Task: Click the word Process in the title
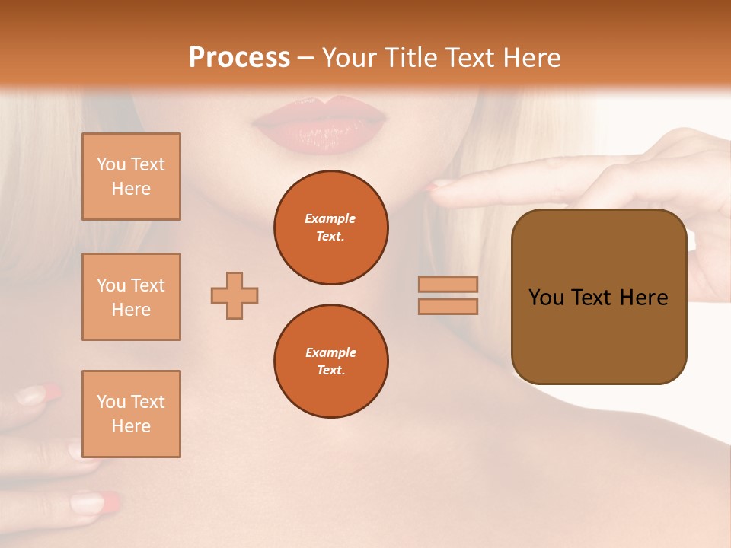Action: (x=239, y=58)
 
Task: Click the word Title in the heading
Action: (x=409, y=58)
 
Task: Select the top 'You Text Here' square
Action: (x=131, y=177)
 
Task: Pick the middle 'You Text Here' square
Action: (x=131, y=297)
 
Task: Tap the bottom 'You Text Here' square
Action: (x=131, y=414)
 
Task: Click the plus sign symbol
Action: (x=235, y=295)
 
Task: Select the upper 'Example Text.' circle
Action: (x=331, y=228)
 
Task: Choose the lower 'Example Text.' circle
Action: (x=331, y=362)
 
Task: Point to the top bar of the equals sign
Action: (x=448, y=285)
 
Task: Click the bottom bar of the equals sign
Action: (x=448, y=307)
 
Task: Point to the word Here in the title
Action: (x=534, y=58)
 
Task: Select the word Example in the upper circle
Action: (x=330, y=219)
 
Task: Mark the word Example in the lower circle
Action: (x=330, y=353)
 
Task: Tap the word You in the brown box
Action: (x=546, y=298)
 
